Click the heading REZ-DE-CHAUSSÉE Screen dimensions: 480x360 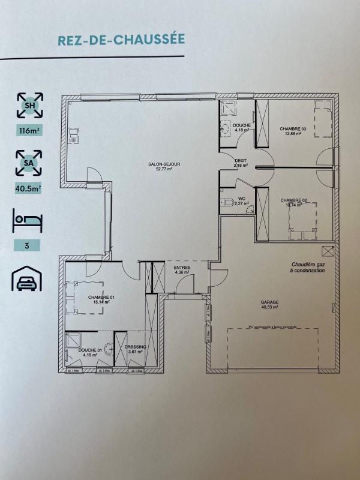click(121, 40)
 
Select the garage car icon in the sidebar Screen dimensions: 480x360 click(29, 278)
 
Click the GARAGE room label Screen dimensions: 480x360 click(269, 303)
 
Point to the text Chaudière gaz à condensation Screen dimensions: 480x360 click(308, 267)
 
